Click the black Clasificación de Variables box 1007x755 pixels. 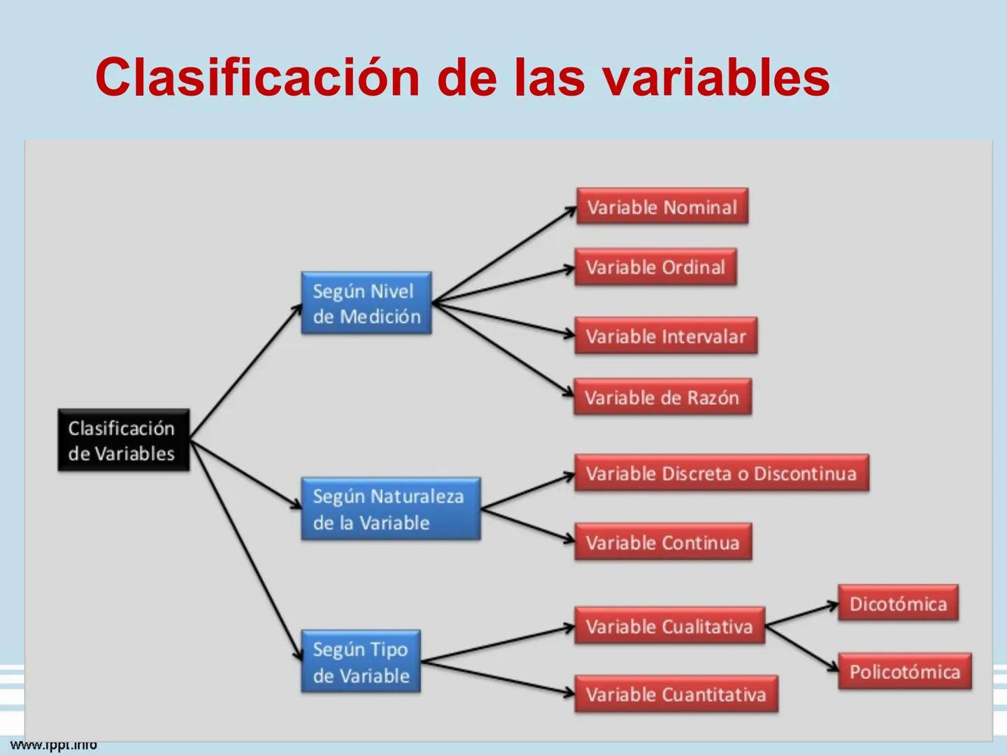tap(123, 440)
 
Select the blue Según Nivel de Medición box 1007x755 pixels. tap(366, 303)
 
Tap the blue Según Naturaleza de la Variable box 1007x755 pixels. tap(390, 509)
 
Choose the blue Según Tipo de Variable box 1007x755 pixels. tap(361, 662)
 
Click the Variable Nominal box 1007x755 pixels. tap(662, 207)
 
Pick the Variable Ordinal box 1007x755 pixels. tap(655, 267)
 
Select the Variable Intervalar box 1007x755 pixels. tap(666, 336)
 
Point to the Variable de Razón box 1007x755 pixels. tap(662, 397)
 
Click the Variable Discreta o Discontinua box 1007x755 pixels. tap(721, 473)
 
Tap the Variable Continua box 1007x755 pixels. tap(662, 542)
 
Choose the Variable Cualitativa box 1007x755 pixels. tap(669, 626)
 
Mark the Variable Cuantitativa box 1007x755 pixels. tap(676, 694)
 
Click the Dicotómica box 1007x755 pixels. tap(898, 603)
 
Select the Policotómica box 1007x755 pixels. tap(904, 672)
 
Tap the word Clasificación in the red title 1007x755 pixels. tap(257, 77)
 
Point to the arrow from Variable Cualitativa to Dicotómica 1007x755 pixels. tap(801, 614)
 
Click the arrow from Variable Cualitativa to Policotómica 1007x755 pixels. tap(801, 647)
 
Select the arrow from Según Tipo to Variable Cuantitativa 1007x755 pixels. tap(498, 677)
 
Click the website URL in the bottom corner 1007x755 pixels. tap(53, 745)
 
